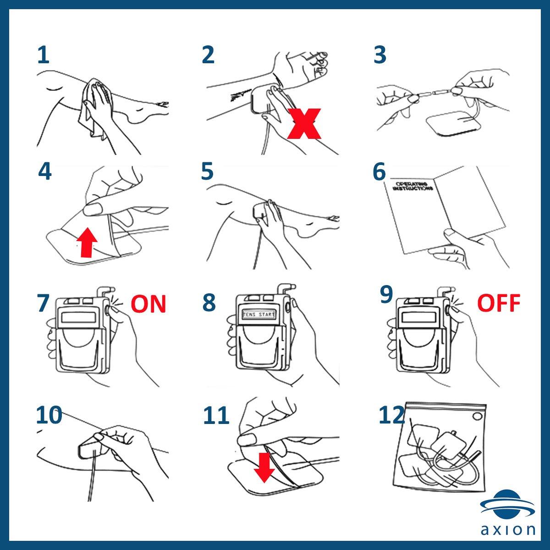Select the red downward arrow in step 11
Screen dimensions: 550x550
(x=264, y=467)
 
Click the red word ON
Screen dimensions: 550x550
(x=148, y=304)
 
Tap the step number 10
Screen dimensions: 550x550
(x=49, y=415)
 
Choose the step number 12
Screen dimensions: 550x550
(x=391, y=415)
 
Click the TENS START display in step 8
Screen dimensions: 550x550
(x=259, y=315)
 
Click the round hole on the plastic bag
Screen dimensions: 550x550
(x=478, y=416)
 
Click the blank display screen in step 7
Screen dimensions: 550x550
(x=78, y=317)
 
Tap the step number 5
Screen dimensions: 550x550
(x=207, y=171)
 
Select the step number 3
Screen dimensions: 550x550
(x=380, y=55)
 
